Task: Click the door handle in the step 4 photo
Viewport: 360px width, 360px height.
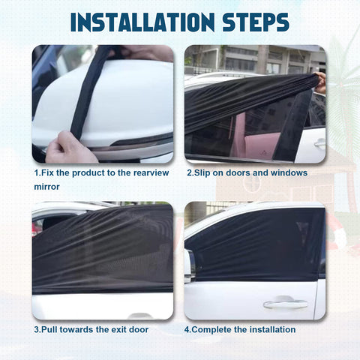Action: tap(285, 304)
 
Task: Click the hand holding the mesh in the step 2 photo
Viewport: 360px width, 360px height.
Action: tap(320, 81)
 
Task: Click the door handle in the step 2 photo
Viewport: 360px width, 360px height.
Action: tap(319, 142)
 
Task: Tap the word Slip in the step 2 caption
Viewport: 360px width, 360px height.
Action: tap(202, 173)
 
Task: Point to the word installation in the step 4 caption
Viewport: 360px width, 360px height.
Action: tap(271, 329)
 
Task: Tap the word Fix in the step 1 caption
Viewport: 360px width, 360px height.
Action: tap(48, 173)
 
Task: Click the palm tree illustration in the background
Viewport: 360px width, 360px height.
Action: tap(343, 90)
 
